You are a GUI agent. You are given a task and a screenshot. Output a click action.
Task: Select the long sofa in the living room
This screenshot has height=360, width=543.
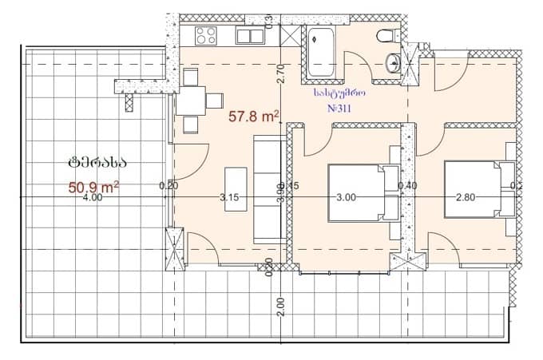click(266, 189)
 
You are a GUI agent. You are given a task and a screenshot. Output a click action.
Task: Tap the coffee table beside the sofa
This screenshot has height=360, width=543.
click(236, 188)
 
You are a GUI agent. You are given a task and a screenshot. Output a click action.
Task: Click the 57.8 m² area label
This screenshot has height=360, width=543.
click(253, 117)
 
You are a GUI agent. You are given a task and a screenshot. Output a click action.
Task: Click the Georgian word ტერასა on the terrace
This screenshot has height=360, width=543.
click(97, 162)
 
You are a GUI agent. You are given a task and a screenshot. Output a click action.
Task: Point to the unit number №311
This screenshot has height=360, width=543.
click(340, 106)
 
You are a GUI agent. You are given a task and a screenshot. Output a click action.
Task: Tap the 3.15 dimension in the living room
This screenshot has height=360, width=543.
click(230, 198)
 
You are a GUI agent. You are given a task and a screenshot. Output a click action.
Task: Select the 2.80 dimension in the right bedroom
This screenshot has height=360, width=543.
click(466, 198)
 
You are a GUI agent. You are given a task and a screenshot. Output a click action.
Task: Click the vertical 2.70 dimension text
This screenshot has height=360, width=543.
click(281, 74)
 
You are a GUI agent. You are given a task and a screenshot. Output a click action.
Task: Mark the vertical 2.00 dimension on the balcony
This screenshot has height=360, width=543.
click(280, 306)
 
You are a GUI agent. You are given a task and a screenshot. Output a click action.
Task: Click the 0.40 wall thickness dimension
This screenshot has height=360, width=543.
click(407, 186)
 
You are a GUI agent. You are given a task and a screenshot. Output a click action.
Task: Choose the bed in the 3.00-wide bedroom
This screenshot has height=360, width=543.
click(363, 193)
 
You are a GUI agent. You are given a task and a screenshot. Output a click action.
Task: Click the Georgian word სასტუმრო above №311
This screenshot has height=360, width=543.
click(340, 92)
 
